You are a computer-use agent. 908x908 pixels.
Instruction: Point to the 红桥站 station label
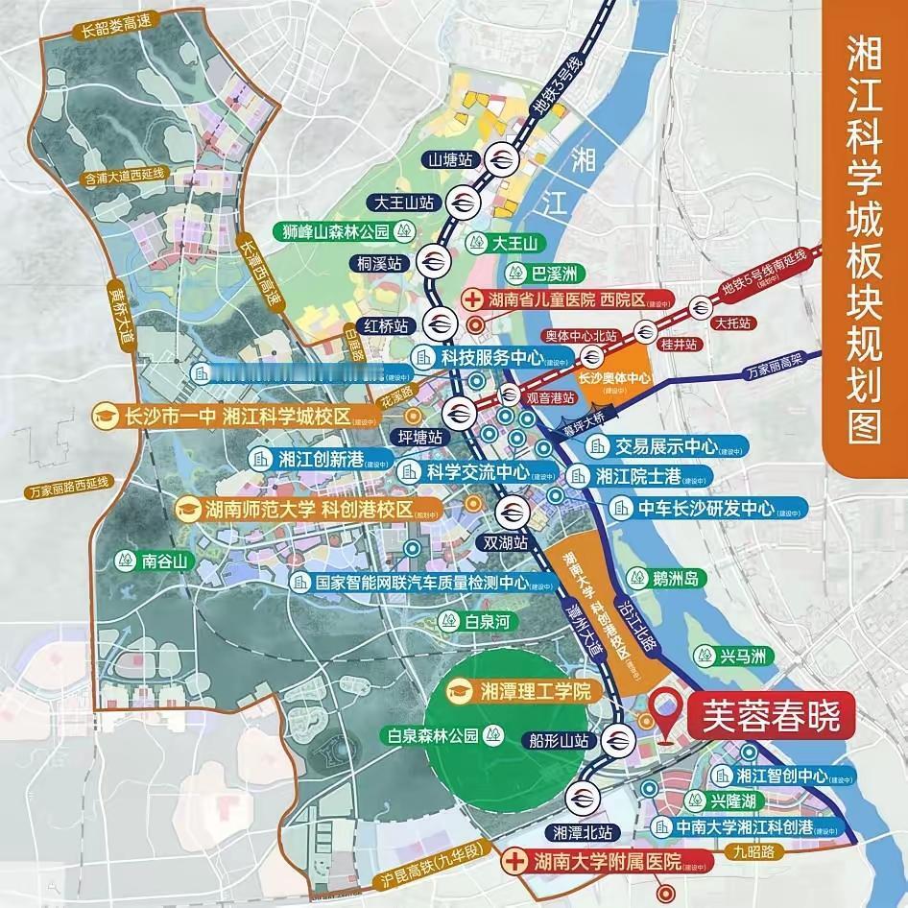[x=383, y=324]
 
